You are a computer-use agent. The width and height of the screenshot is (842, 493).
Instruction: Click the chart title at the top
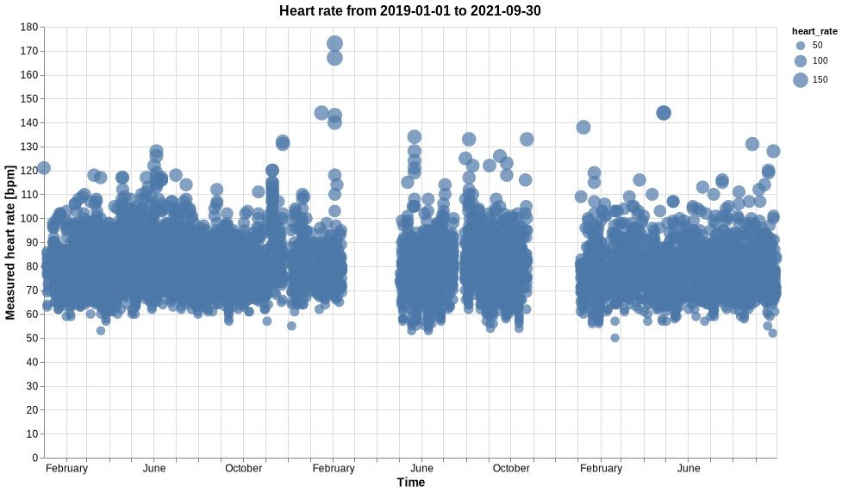[x=410, y=10]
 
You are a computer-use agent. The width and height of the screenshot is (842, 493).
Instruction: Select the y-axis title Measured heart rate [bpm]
[x=10, y=242]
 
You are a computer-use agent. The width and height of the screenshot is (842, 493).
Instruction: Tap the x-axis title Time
[x=410, y=483]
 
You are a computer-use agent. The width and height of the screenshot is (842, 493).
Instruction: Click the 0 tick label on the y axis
[x=34, y=458]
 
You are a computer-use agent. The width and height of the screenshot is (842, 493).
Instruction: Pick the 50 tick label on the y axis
[x=32, y=338]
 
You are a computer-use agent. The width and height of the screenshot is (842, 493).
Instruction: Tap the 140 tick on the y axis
[x=29, y=122]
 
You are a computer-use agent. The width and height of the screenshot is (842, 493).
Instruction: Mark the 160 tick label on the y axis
[x=29, y=75]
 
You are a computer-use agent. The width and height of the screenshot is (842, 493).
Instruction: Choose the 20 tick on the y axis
[x=32, y=409]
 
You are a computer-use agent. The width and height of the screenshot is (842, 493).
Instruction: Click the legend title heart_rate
[x=814, y=31]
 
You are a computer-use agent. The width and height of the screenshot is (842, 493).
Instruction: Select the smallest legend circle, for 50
[x=801, y=45]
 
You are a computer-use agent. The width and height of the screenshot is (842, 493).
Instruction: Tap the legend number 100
[x=820, y=61]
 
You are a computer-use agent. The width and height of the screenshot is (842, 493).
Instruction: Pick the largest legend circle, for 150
[x=801, y=80]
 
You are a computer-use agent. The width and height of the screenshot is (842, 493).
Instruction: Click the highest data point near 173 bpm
[x=335, y=43]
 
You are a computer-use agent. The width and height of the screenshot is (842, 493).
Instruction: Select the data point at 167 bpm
[x=335, y=58]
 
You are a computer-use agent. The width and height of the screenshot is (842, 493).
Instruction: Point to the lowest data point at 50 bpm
[x=614, y=338]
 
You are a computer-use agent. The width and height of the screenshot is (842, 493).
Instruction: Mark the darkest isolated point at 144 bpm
[x=664, y=113]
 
